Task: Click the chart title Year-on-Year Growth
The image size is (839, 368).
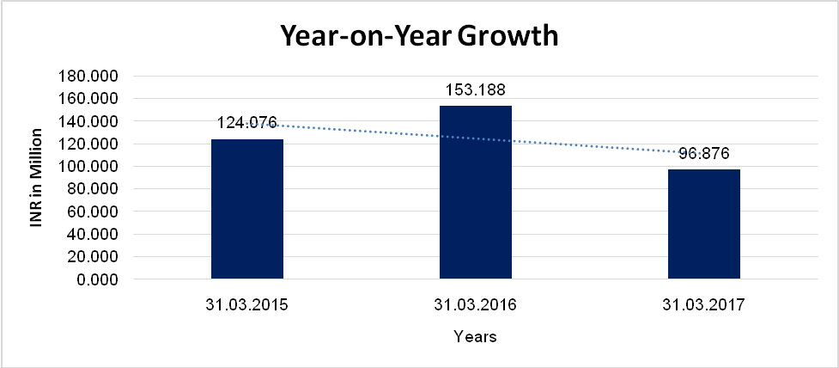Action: [419, 37]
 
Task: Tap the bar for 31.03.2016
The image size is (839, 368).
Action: [476, 193]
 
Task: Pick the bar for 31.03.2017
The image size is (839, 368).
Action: [704, 224]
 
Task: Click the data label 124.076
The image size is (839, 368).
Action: [247, 124]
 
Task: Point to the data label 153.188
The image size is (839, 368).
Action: [476, 89]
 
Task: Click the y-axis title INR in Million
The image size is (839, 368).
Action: [36, 178]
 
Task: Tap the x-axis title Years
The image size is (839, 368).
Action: [475, 337]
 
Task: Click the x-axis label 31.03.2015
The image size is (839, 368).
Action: [247, 304]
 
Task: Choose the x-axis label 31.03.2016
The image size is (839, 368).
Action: [476, 304]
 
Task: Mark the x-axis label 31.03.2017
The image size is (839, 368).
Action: [704, 304]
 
